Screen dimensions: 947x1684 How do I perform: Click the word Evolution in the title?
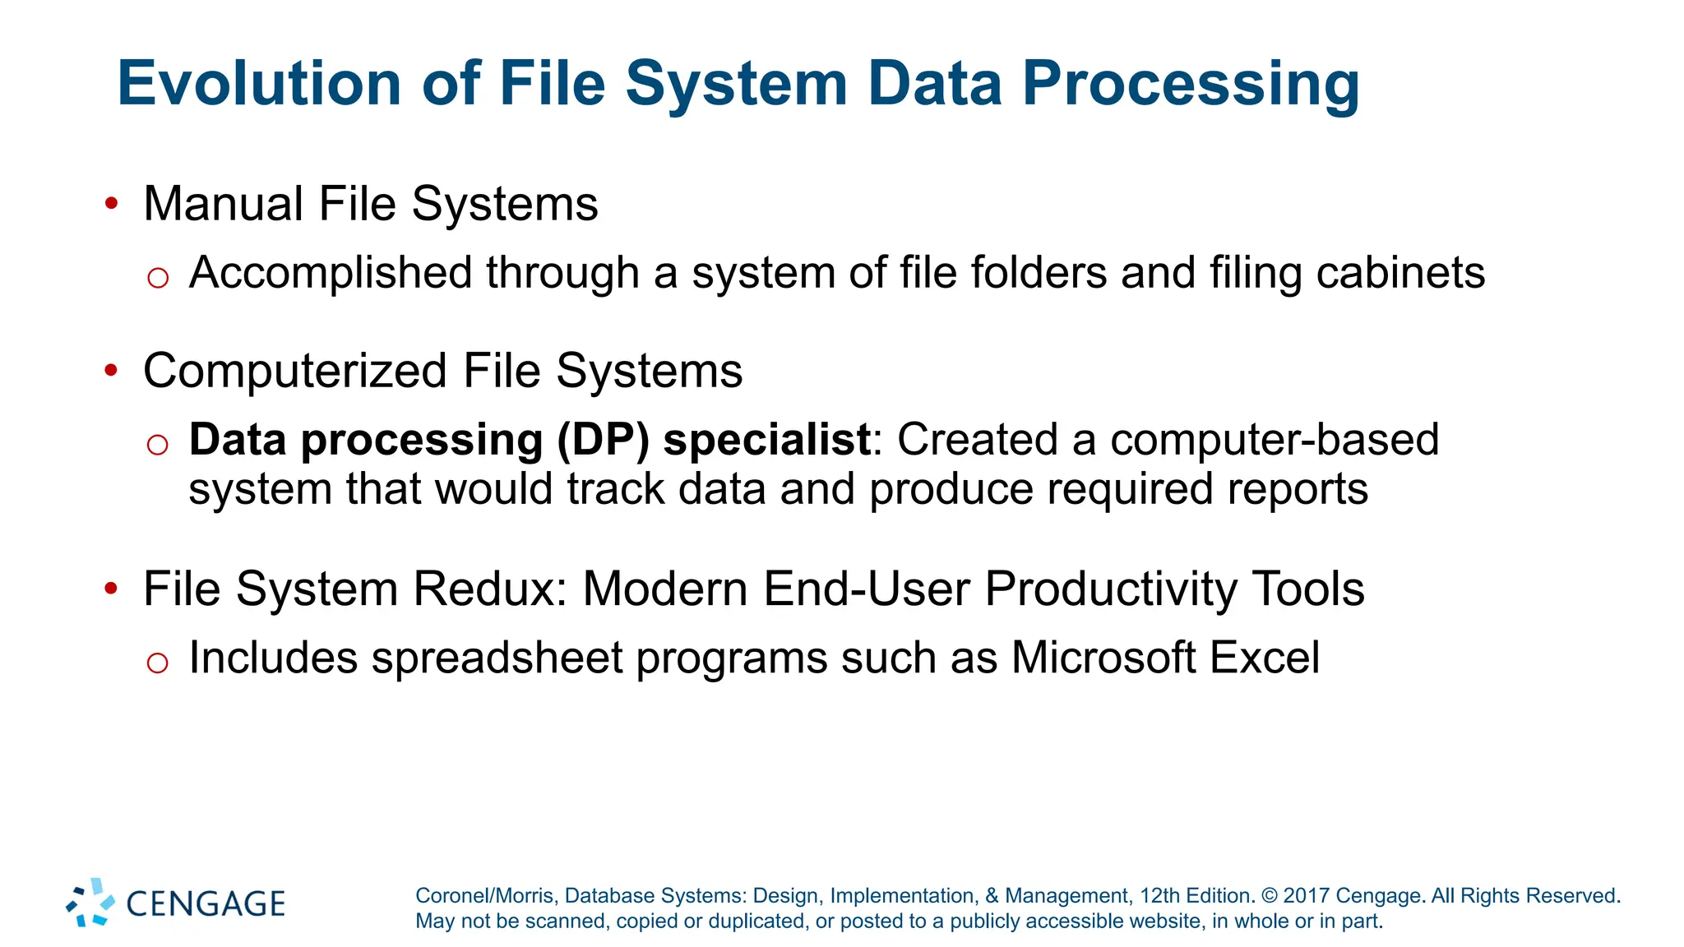(259, 84)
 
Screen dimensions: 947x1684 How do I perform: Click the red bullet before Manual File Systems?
(112, 203)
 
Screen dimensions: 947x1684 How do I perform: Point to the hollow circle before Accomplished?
(158, 278)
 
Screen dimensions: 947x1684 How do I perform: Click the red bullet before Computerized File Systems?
(112, 371)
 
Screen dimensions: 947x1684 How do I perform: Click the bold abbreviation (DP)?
(603, 441)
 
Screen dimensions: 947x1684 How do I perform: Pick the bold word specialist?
(766, 441)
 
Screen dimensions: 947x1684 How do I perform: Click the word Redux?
(490, 589)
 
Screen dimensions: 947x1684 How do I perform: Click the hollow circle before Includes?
(158, 663)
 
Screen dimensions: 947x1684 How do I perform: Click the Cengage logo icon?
(90, 903)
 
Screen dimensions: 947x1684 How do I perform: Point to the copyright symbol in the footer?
(1269, 896)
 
